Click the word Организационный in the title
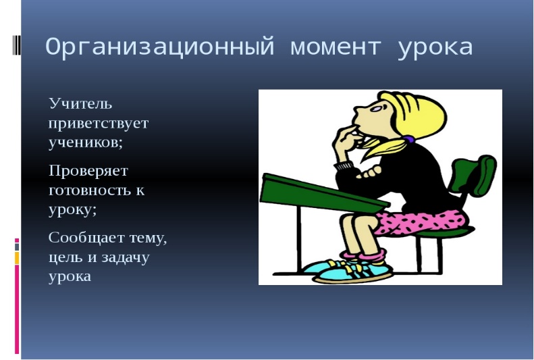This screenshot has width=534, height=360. (160, 47)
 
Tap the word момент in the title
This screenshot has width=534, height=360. (336, 48)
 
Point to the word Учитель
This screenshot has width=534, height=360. (80, 103)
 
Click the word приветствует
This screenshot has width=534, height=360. (99, 124)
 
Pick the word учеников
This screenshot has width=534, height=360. (86, 143)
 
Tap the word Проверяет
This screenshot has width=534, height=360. (88, 171)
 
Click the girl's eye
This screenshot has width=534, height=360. (376, 109)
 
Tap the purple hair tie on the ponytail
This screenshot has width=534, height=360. (408, 139)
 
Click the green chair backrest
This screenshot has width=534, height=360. (474, 176)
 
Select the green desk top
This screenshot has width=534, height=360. (323, 193)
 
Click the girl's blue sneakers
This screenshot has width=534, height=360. (348, 271)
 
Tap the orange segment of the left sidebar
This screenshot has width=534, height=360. (17, 258)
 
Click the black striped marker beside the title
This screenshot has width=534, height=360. (16, 45)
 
